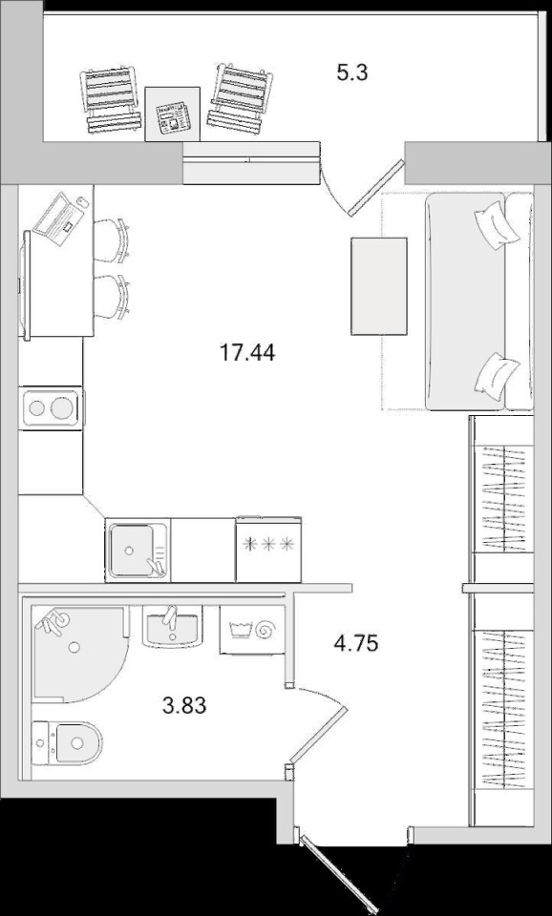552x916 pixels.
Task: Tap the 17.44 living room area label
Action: pyautogui.click(x=246, y=352)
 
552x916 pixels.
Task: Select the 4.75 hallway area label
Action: pyautogui.click(x=355, y=643)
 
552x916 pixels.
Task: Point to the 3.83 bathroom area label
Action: pyautogui.click(x=184, y=706)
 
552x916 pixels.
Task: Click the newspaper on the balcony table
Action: pyautogui.click(x=173, y=116)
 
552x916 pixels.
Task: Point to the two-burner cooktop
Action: pyautogui.click(x=51, y=407)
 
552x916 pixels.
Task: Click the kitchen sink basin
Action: pyautogui.click(x=131, y=551)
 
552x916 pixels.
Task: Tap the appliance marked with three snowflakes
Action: pyautogui.click(x=268, y=550)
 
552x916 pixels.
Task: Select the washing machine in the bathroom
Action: pyautogui.click(x=252, y=629)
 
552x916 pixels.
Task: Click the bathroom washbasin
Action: pyautogui.click(x=173, y=626)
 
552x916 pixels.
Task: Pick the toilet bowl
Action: pyautogui.click(x=67, y=742)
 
